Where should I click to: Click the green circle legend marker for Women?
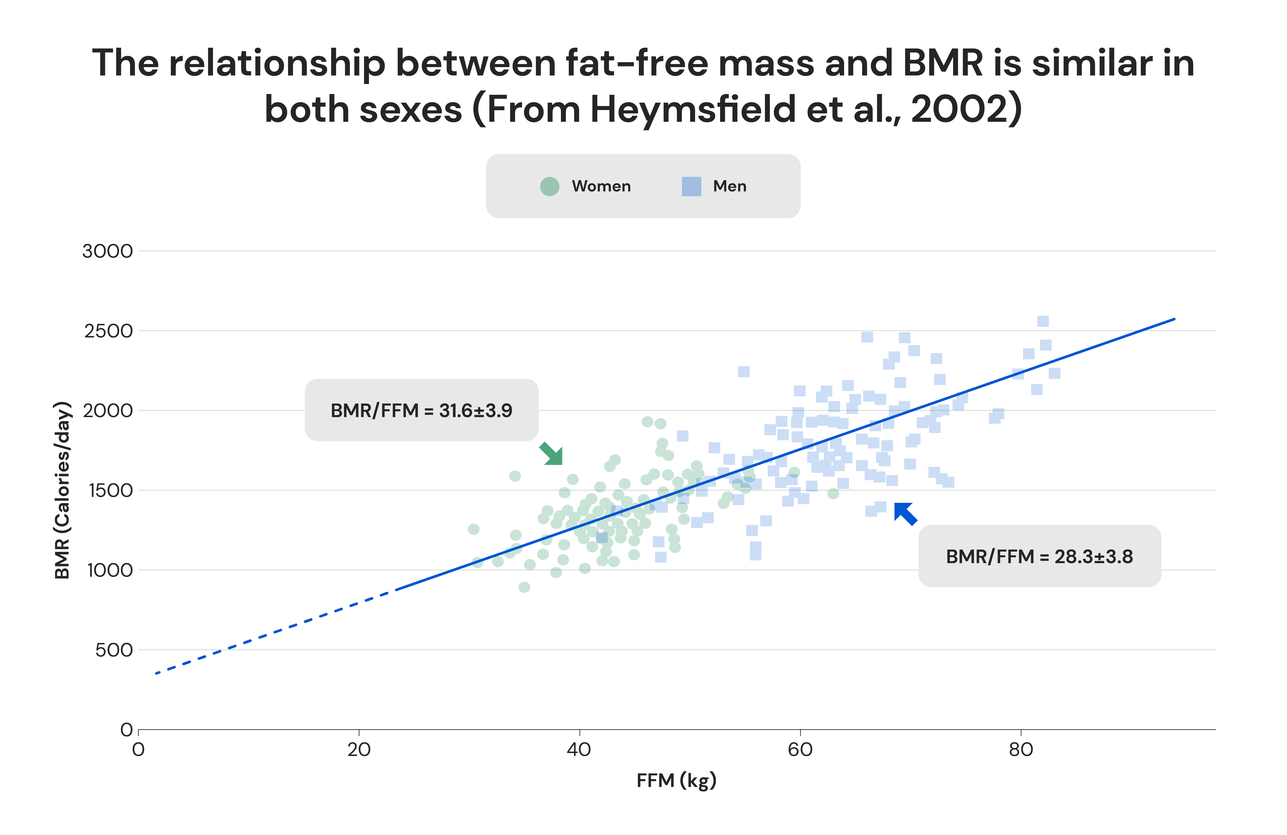pos(549,186)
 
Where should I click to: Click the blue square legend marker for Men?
pos(691,186)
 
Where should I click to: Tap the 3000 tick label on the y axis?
pos(107,251)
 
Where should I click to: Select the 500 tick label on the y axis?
pos(114,650)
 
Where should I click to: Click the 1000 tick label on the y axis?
pos(110,570)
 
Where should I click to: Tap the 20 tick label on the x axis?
pos(359,750)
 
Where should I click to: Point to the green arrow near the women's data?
pos(552,454)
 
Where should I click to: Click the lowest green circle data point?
pos(524,587)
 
